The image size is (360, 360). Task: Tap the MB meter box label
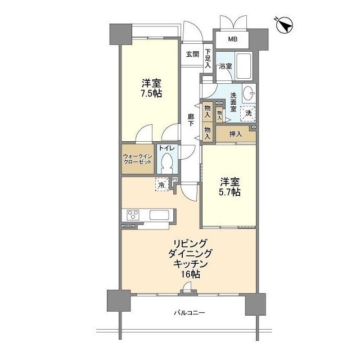232,39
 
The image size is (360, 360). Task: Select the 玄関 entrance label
192,55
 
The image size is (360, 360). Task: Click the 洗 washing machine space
247,113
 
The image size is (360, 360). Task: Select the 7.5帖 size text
150,93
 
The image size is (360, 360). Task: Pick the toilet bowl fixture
167,164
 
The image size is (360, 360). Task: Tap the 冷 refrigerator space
161,184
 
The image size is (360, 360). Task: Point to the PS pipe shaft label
175,180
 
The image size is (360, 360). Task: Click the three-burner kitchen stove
134,215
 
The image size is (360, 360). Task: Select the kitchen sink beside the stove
158,215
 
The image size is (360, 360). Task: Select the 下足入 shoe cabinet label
208,57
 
